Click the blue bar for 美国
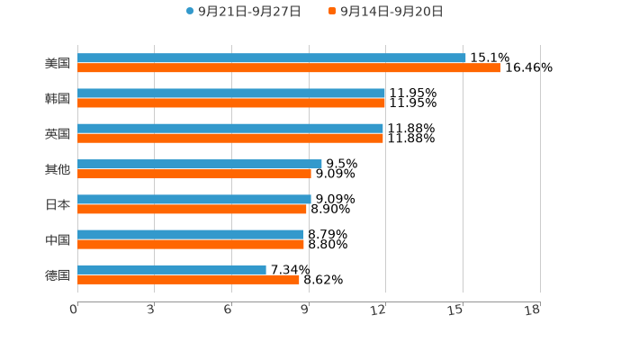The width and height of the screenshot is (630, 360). tap(271, 58)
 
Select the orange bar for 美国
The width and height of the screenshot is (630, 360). tap(288, 67)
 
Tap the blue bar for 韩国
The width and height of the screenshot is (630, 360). tap(231, 94)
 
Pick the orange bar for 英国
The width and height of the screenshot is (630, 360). tap(230, 138)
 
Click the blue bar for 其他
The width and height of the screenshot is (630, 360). tap(199, 164)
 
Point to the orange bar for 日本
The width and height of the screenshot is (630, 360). tap(192, 209)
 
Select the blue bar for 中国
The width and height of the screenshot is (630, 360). tap(191, 234)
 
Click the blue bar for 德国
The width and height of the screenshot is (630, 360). tap(172, 269)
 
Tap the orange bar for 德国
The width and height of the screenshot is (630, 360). tap(188, 279)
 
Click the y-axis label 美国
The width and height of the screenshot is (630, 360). tap(58, 64)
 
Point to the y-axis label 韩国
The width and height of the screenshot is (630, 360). tap(58, 99)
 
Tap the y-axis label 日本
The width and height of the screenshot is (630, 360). tap(58, 204)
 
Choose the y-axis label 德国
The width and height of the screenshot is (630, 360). tap(58, 274)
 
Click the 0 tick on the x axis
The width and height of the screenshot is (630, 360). tap(75, 310)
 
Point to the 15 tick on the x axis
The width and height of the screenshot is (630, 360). tap(458, 310)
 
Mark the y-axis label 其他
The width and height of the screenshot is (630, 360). tap(58, 169)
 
